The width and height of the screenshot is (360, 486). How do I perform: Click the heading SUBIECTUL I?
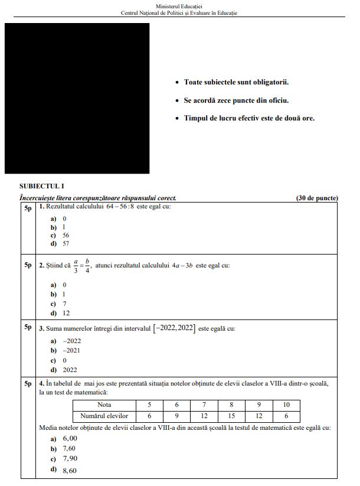tap(42, 185)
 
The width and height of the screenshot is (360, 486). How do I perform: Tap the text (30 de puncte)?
tap(317, 198)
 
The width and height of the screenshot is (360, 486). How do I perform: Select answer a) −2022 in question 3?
tap(66, 341)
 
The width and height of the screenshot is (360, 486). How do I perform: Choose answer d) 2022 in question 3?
tap(64, 370)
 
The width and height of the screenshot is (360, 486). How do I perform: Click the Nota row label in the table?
tap(104, 405)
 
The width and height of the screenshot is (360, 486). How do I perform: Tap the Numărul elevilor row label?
tap(104, 416)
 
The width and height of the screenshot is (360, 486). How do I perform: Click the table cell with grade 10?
tap(286, 405)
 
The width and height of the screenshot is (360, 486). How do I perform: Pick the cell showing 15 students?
tap(231, 416)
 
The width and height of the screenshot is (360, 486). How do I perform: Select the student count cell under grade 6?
tap(176, 416)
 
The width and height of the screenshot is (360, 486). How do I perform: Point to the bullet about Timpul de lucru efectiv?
tap(248, 118)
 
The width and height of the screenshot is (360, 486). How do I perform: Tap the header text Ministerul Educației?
tap(179, 5)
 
